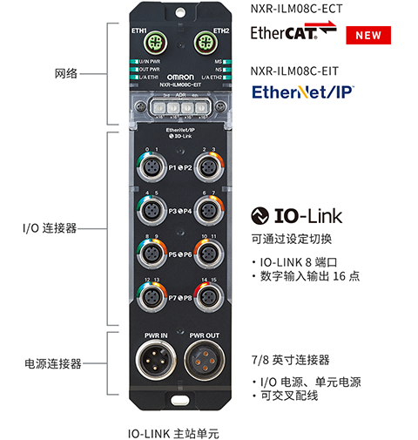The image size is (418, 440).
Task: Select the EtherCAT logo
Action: point(293,33)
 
